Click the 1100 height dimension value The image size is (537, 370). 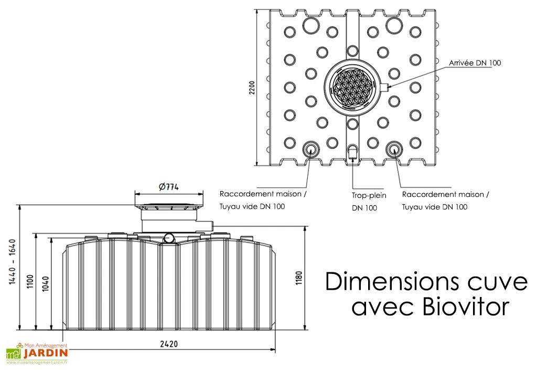point(30,282)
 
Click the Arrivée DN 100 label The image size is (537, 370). point(474,63)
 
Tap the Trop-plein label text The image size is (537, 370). point(369,195)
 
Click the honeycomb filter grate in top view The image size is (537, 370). point(352,86)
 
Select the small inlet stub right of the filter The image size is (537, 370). point(383,87)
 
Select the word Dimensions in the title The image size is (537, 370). point(385,282)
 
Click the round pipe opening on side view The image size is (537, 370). point(169,238)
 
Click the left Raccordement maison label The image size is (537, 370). point(261,194)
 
